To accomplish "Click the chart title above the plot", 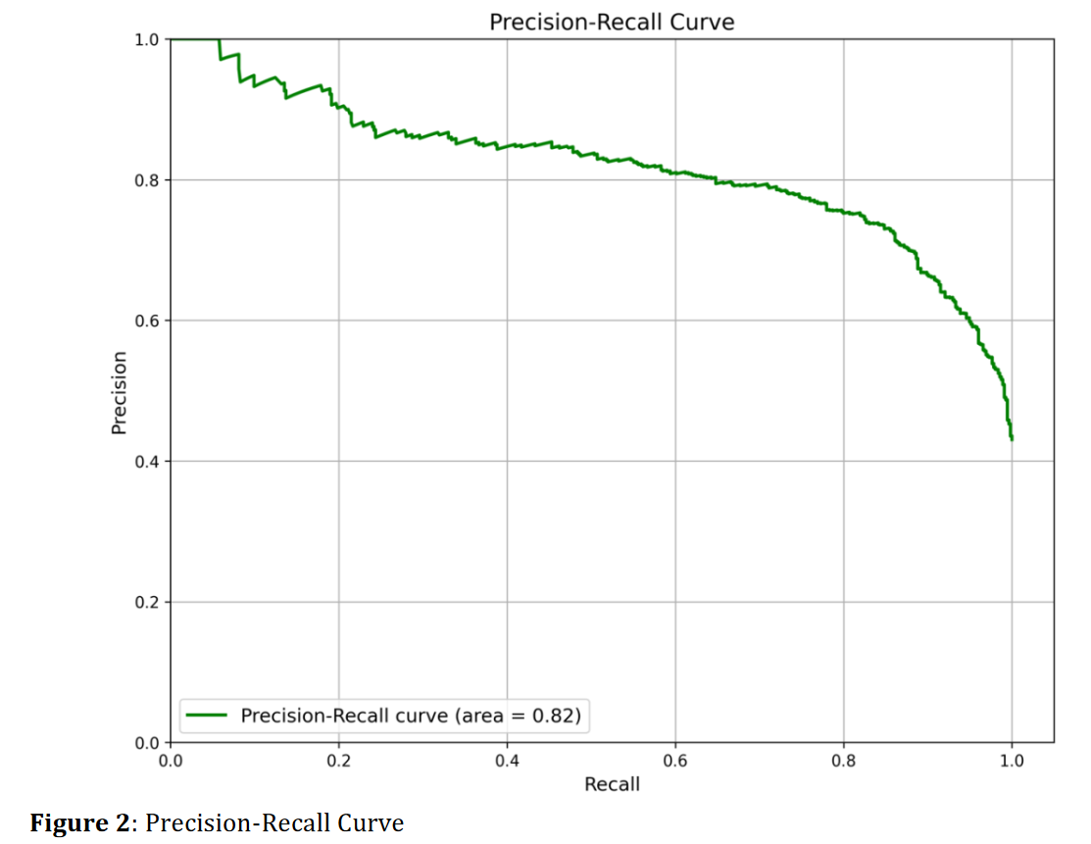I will pyautogui.click(x=612, y=22).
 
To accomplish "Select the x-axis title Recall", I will pyautogui.click(x=612, y=784).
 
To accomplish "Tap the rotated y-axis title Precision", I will pyautogui.click(x=120, y=392).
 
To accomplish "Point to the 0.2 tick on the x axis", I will pyautogui.click(x=338, y=760).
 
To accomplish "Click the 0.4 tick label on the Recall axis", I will pyautogui.click(x=507, y=760).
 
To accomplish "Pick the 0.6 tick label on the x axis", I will pyautogui.click(x=674, y=760).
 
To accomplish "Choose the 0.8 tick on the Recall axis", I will pyautogui.click(x=843, y=760).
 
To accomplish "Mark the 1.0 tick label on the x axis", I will pyautogui.click(x=1012, y=760).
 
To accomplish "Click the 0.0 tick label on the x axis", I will pyautogui.click(x=171, y=760).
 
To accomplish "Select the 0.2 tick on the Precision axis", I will pyautogui.click(x=147, y=602).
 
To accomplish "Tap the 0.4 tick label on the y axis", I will pyautogui.click(x=147, y=462).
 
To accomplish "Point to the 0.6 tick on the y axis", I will pyautogui.click(x=147, y=321).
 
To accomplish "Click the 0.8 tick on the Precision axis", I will pyautogui.click(x=147, y=180).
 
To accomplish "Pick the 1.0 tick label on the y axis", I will pyautogui.click(x=147, y=40).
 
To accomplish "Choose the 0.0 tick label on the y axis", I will pyautogui.click(x=147, y=742).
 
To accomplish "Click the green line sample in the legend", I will pyautogui.click(x=208, y=716).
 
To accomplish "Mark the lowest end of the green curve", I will pyautogui.click(x=1012, y=438).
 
